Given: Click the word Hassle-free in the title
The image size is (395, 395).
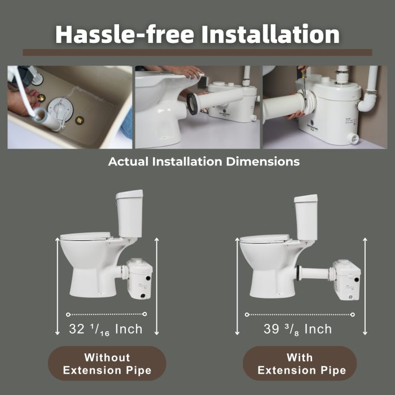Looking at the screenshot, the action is (125, 34).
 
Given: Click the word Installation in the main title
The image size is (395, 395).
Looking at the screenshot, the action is (270, 34).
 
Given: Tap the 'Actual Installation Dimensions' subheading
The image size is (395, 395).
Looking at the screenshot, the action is (204, 161).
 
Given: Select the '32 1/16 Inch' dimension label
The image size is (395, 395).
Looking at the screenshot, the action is (106, 329).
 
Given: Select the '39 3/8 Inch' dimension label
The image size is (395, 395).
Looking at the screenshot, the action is (297, 329).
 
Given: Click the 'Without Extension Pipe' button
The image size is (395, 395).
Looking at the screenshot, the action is (107, 363).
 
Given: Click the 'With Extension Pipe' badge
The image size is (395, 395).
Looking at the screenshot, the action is (300, 363).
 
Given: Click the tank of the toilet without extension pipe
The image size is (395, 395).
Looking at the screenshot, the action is (129, 214).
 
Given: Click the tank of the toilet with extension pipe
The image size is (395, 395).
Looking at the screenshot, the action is (306, 217).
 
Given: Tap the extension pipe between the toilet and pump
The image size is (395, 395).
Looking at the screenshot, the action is (314, 273).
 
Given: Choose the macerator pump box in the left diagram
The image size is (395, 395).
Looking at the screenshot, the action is (139, 279).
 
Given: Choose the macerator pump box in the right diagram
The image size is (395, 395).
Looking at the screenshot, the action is (346, 280).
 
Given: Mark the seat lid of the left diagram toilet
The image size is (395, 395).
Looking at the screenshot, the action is (85, 236).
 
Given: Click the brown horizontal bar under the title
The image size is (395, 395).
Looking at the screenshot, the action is (197, 52).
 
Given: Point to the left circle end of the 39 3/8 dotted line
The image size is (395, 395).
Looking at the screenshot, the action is (247, 315).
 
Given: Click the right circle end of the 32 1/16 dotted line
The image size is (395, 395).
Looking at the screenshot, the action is (144, 314).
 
